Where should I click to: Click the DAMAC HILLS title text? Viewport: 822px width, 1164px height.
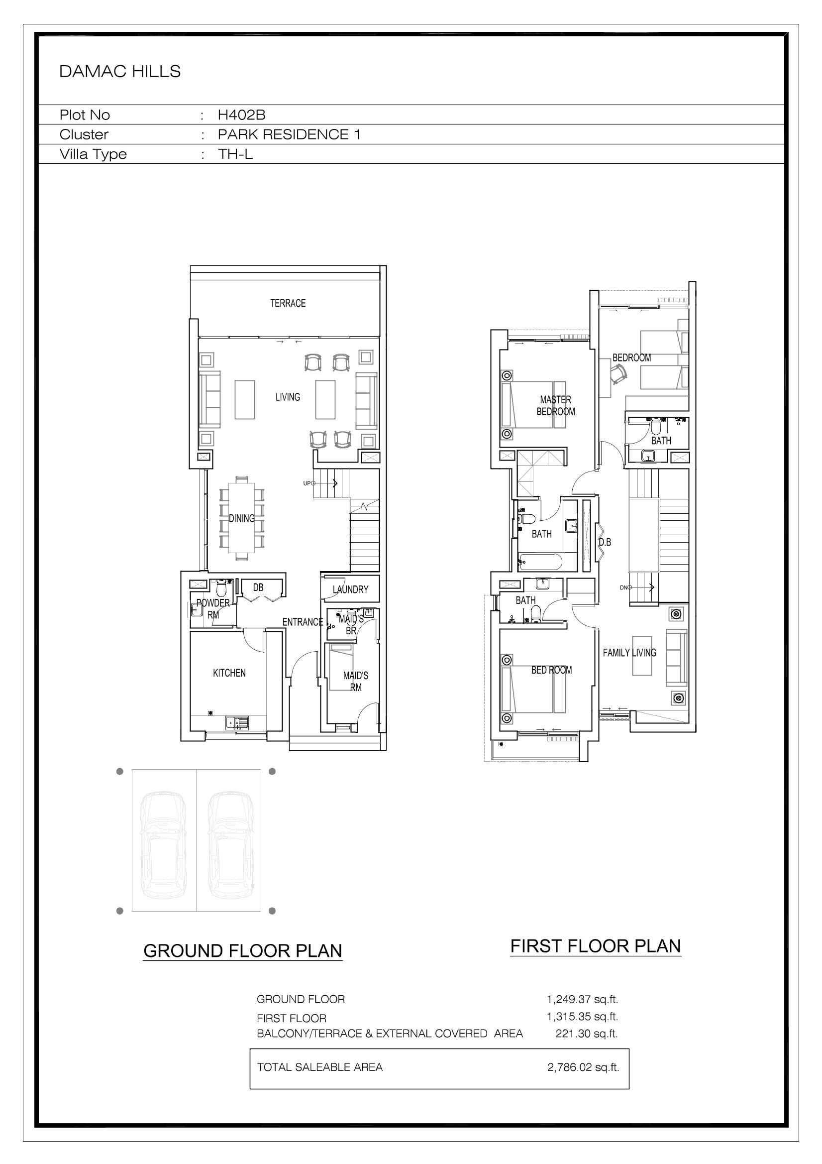point(119,72)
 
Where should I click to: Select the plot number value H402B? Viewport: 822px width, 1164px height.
point(242,115)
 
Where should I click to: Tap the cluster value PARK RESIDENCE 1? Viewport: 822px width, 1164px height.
point(289,134)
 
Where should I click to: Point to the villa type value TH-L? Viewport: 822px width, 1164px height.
point(235,154)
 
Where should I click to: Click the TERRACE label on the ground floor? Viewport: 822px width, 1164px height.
point(288,303)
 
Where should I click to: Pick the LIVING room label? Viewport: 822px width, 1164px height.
point(288,397)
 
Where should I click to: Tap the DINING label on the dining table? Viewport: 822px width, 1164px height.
point(242,518)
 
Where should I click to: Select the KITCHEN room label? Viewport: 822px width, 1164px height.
point(229,673)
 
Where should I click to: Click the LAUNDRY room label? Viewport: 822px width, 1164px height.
point(351,589)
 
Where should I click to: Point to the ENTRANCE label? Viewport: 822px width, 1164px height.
point(303,621)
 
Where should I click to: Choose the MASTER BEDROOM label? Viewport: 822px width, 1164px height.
point(556,406)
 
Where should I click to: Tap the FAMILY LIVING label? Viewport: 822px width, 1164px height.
point(629,653)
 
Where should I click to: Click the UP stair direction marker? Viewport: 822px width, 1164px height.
point(307,483)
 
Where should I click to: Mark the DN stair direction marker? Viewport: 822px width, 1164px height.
point(623,587)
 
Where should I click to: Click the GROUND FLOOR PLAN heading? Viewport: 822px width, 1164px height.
point(243,950)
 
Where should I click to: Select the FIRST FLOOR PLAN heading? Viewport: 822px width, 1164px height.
point(596,946)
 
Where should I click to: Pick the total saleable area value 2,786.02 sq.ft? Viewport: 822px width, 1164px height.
point(583,1067)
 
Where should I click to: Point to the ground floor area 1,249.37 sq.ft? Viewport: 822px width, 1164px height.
point(582,999)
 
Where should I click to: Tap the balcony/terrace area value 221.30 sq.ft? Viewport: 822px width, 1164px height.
point(587,1033)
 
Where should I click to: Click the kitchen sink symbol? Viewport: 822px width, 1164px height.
point(238,722)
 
